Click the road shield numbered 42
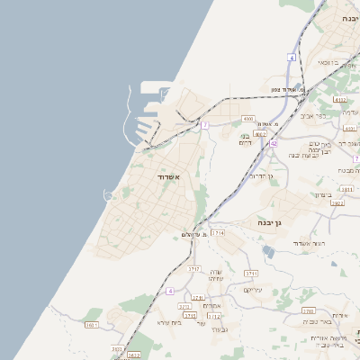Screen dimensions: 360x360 pos(274,143)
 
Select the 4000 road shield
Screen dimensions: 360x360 pos(248,118)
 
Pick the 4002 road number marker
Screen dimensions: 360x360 pos(260,133)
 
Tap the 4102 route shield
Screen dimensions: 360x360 pos(339,100)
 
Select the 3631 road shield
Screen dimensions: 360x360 pos(91,324)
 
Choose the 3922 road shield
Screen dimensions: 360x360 pos(337,203)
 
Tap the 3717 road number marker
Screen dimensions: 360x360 pos(193,268)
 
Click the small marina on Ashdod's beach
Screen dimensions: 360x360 pos(109,195)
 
